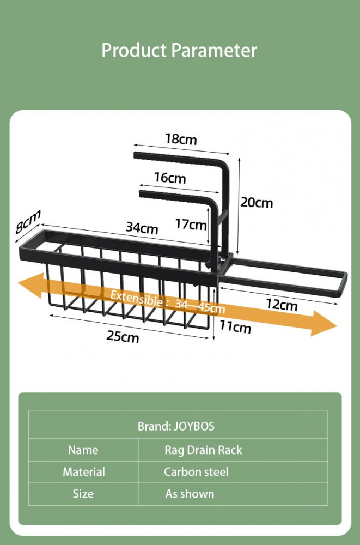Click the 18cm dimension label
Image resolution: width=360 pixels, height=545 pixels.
pyautogui.click(x=181, y=139)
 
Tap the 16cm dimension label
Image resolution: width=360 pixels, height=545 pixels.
pyautogui.click(x=170, y=178)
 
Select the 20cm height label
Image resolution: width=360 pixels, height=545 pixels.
pyautogui.click(x=257, y=202)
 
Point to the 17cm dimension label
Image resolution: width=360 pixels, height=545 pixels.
pyautogui.click(x=191, y=224)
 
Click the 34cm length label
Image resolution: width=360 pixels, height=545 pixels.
pyautogui.click(x=142, y=228)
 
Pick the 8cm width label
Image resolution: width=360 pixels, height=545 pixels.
pyautogui.click(x=28, y=221)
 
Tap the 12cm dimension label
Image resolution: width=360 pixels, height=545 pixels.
pyautogui.click(x=282, y=305)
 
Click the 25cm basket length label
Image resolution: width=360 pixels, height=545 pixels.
pyautogui.click(x=123, y=336)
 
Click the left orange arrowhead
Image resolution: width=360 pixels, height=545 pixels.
pyautogui.click(x=31, y=286)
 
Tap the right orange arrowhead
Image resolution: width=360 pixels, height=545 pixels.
pyautogui.click(x=324, y=324)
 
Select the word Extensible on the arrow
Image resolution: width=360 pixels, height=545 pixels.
pyautogui.click(x=137, y=299)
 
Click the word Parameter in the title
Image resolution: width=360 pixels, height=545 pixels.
pyautogui.click(x=214, y=50)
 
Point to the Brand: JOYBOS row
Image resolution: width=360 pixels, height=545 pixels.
pyautogui.click(x=176, y=426)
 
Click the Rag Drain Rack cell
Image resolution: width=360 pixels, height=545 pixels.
pyautogui.click(x=203, y=450)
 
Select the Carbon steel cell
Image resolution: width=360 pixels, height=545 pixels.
pyautogui.click(x=196, y=472)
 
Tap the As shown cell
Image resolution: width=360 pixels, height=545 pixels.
pyautogui.click(x=190, y=494)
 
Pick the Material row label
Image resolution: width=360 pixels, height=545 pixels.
pyautogui.click(x=84, y=472)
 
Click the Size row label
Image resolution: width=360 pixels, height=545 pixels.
pyautogui.click(x=83, y=494)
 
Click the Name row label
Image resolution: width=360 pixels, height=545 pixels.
pyautogui.click(x=83, y=450)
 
